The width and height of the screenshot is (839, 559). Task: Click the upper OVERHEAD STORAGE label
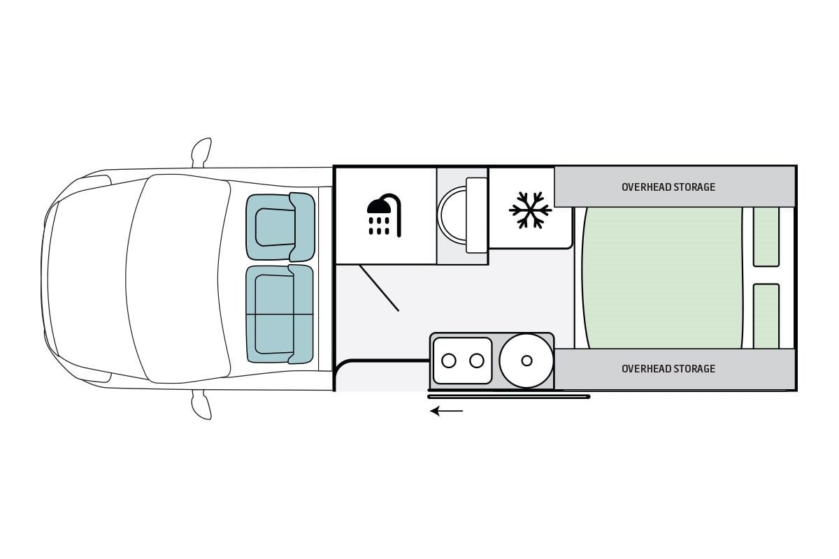point(668,187)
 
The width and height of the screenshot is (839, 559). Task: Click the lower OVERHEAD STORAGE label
point(668,369)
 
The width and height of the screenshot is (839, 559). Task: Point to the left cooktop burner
point(449,361)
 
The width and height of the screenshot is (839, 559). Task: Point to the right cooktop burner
point(477,361)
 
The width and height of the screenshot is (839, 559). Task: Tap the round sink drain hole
point(526,361)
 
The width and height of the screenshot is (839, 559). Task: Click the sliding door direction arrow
point(446,411)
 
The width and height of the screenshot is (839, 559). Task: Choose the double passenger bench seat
point(279,314)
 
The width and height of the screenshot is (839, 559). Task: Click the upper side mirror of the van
point(202,151)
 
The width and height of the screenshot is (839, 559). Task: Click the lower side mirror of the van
point(202,405)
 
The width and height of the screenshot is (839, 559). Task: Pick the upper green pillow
point(766,236)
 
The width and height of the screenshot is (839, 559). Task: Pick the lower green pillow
point(766,316)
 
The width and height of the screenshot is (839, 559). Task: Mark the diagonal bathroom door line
point(379,288)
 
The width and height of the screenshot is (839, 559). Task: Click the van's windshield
point(178,278)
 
